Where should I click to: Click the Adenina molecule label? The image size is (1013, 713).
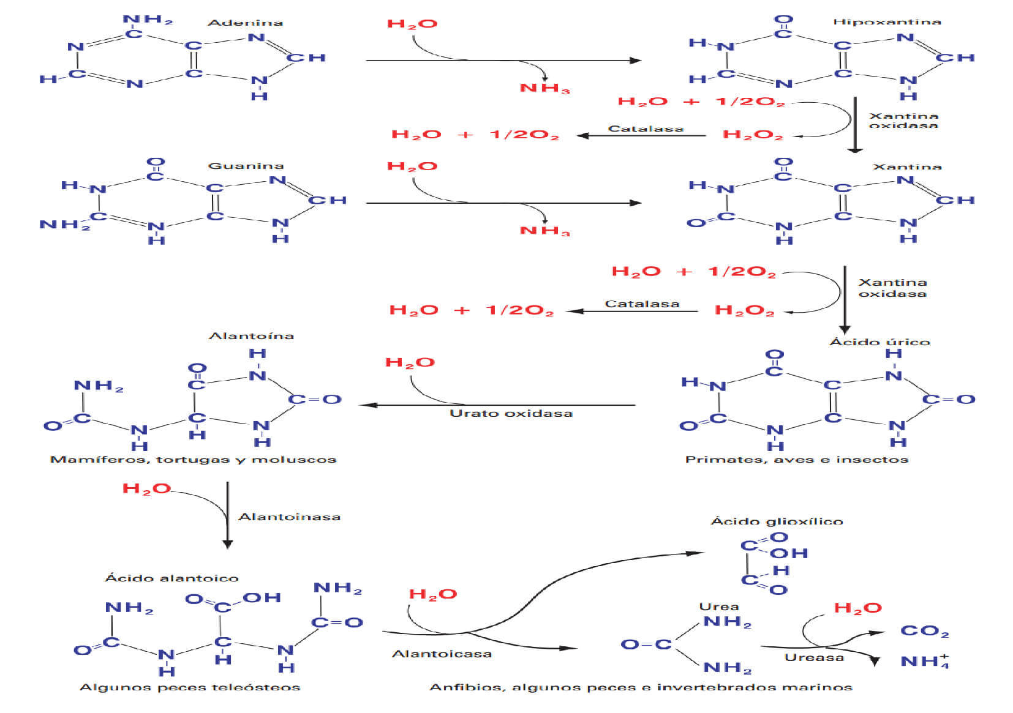(245, 23)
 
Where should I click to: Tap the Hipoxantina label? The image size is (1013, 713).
(886, 22)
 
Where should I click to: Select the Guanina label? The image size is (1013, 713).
(246, 166)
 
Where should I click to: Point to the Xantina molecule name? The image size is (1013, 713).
(907, 166)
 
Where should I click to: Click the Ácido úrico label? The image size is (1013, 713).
(879, 342)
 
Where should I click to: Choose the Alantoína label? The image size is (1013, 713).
(251, 335)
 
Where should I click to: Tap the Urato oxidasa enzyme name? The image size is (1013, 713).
(511, 413)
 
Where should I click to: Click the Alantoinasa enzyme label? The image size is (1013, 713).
(289, 517)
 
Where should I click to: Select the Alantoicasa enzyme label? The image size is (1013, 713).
(442, 654)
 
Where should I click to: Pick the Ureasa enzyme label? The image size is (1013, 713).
(814, 657)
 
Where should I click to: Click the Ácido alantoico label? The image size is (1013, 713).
(171, 578)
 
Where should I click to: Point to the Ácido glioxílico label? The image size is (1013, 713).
(777, 521)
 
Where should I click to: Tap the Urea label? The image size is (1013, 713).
(719, 607)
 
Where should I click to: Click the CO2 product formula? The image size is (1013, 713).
(924, 631)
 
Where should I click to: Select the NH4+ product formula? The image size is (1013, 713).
(924, 661)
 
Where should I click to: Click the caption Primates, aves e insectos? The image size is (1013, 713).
(796, 460)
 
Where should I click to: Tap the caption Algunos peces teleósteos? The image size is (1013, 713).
(190, 687)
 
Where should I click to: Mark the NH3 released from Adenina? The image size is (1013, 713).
(544, 88)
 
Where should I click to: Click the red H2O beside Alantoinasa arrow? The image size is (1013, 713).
(146, 488)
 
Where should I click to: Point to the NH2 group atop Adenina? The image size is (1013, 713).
(148, 20)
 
